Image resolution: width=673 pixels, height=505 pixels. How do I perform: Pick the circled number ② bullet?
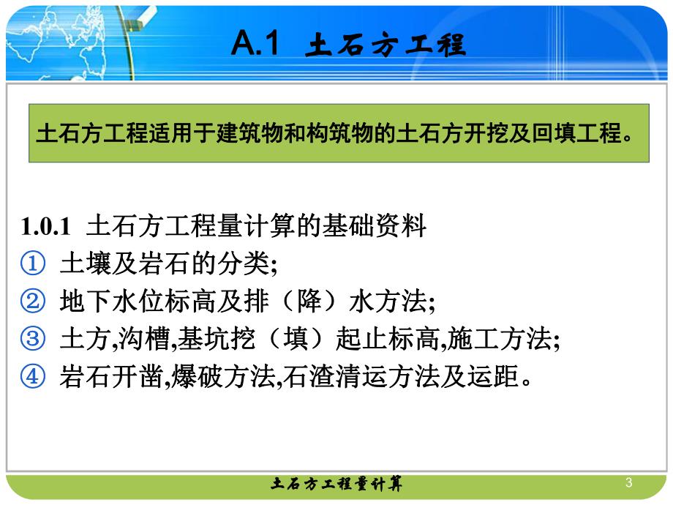click(x=33, y=301)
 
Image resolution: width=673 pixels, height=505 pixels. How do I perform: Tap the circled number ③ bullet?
click(x=33, y=339)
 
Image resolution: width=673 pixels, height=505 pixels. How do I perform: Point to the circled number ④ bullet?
click(x=33, y=376)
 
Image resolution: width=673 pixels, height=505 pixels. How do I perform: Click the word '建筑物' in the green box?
click(x=239, y=135)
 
